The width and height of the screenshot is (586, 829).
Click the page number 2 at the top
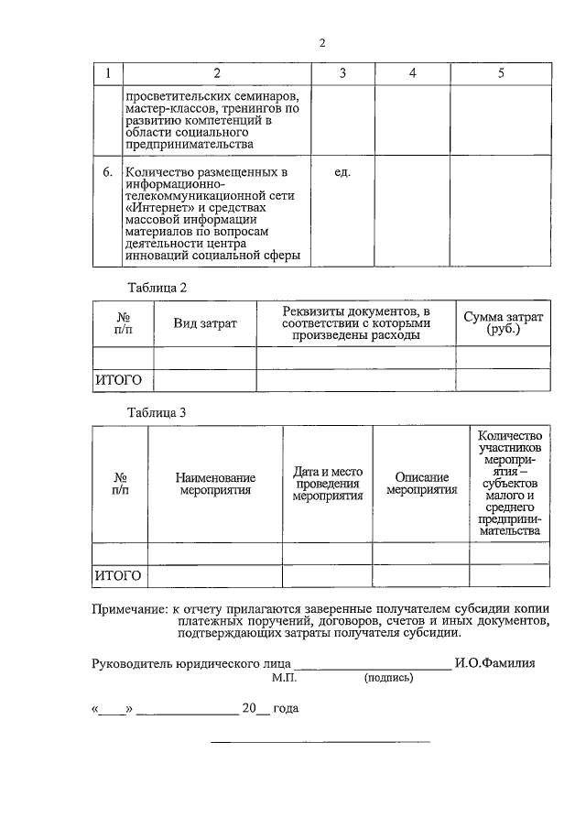[321, 43]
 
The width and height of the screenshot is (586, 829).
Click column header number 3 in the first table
[342, 73]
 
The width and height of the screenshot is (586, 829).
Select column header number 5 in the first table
[501, 73]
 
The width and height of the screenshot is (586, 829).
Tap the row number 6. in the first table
[107, 172]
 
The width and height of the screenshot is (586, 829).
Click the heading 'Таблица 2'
[157, 287]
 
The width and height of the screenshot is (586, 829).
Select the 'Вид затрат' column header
[205, 323]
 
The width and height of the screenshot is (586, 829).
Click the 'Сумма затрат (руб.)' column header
[503, 322]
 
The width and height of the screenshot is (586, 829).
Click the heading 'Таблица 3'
[157, 412]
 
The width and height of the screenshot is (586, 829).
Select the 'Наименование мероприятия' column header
[215, 484]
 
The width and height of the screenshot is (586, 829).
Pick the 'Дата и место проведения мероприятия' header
[328, 484]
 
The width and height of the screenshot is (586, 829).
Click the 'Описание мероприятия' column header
[421, 484]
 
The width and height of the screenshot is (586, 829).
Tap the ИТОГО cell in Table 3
[119, 575]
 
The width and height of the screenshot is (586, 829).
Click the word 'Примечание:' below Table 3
[129, 608]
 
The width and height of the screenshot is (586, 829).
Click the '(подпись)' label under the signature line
[388, 679]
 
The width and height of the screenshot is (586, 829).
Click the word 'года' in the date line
[286, 709]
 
